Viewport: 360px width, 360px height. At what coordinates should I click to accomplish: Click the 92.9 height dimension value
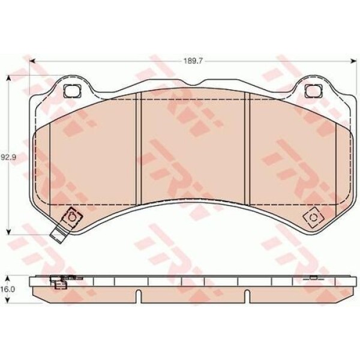click(8, 157)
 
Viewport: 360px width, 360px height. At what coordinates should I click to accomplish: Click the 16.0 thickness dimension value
click(8, 289)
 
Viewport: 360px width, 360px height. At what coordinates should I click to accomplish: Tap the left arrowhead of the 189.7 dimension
click(32, 61)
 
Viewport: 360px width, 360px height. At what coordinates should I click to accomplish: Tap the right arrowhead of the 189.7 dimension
click(353, 61)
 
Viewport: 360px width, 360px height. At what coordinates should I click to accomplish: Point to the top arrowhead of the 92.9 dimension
click(9, 78)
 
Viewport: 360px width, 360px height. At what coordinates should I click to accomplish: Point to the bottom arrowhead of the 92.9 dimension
click(9, 232)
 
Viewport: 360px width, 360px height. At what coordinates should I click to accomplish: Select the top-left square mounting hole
click(72, 91)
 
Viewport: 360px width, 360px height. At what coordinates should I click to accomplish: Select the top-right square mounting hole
click(314, 91)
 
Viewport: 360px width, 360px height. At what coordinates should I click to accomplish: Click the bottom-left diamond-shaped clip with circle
click(71, 217)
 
